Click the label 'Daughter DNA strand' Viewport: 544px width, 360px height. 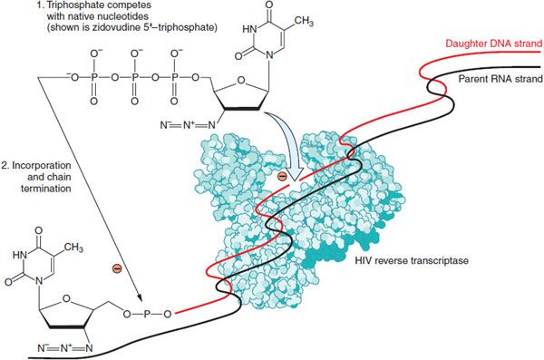pos(494,44)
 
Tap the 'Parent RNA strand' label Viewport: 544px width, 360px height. pos(500,79)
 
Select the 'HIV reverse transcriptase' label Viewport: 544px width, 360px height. pos(412,260)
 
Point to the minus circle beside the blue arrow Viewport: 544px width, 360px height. pos(282,177)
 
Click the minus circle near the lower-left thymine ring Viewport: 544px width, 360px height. pos(117,268)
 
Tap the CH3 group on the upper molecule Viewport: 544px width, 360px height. pos(304,21)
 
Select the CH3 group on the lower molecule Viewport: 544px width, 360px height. pos(73,248)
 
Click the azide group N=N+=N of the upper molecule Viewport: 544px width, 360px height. pos(188,125)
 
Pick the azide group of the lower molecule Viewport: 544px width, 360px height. pos(65,348)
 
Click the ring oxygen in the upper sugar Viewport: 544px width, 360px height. pos(240,80)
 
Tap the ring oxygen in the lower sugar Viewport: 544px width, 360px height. pos(67,299)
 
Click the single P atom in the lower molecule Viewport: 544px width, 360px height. pos(147,314)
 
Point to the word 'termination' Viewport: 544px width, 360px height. pos(46,189)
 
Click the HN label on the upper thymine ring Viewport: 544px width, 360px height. pos(249,29)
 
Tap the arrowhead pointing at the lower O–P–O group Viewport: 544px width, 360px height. pos(140,297)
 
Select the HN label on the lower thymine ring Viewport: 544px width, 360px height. pos(20,256)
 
